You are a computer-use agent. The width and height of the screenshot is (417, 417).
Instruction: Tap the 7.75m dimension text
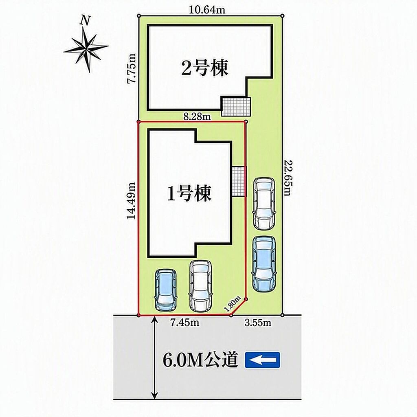coord(132,69)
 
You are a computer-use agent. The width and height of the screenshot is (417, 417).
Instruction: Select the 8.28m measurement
coord(197,116)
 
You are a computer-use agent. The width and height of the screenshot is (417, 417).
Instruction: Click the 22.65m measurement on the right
coord(287,178)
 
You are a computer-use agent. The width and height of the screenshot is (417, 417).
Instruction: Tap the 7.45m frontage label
coord(185,323)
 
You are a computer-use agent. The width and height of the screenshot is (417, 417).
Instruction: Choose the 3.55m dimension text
coord(258,323)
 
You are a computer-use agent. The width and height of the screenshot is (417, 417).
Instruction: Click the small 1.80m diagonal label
coord(232,304)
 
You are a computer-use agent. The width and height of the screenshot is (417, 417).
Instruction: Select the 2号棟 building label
coord(205,68)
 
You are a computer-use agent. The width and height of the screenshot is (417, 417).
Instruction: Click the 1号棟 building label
coord(189,193)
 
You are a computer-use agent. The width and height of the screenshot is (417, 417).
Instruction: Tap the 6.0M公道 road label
coord(200,360)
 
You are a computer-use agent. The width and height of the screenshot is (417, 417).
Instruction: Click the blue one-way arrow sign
coord(263,360)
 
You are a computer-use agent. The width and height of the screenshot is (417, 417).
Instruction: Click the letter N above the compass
coord(85,20)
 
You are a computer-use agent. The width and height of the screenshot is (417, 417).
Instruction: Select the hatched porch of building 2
coord(236,106)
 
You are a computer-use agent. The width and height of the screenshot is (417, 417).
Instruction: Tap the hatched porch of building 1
coord(239,182)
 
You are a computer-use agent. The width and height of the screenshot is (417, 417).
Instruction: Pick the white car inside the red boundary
coord(201,286)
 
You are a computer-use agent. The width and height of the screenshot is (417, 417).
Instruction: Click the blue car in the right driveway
coord(264,264)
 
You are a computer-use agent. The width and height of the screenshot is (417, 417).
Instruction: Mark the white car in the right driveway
coord(264,204)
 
